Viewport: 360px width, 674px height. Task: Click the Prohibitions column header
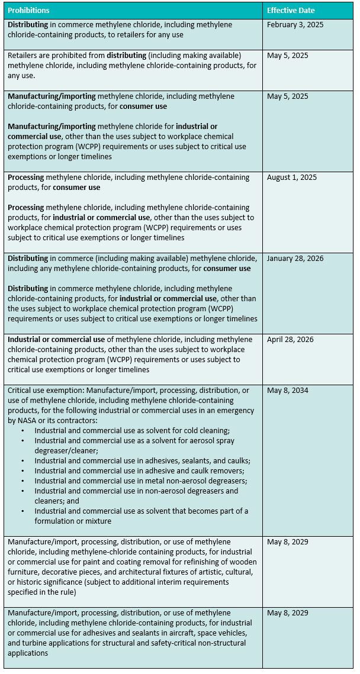coord(28,11)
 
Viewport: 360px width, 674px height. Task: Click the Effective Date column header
coord(291,11)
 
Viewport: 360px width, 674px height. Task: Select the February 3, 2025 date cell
coord(295,25)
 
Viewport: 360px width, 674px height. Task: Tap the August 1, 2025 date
coord(292,178)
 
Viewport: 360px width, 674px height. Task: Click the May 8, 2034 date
coord(287,391)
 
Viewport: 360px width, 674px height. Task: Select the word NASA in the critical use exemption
coord(28,421)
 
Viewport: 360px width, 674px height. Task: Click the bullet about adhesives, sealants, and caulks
coord(142,461)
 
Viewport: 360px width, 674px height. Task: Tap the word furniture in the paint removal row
coord(24,572)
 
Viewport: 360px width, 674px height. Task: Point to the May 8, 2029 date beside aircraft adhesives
coord(287,613)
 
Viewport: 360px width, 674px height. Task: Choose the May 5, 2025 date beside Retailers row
coord(287,56)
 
